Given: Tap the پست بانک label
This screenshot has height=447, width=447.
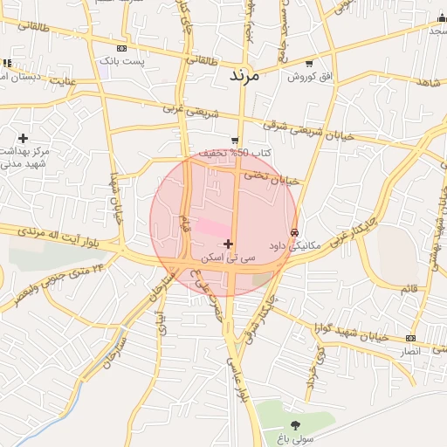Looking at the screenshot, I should [120, 61].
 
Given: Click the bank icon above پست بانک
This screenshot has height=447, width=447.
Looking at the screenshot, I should [120, 49].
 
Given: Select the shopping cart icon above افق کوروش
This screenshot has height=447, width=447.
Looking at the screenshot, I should [311, 64].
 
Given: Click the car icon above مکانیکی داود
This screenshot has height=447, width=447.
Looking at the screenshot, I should [295, 233].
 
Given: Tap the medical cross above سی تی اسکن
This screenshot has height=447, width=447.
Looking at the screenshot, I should [228, 244].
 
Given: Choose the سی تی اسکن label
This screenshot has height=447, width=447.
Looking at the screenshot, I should [228, 258].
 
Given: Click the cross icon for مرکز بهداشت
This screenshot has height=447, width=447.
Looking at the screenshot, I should [23, 138].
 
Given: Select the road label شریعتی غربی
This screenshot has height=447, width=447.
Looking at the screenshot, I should [188, 111].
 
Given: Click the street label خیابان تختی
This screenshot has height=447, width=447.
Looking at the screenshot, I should [271, 177].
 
